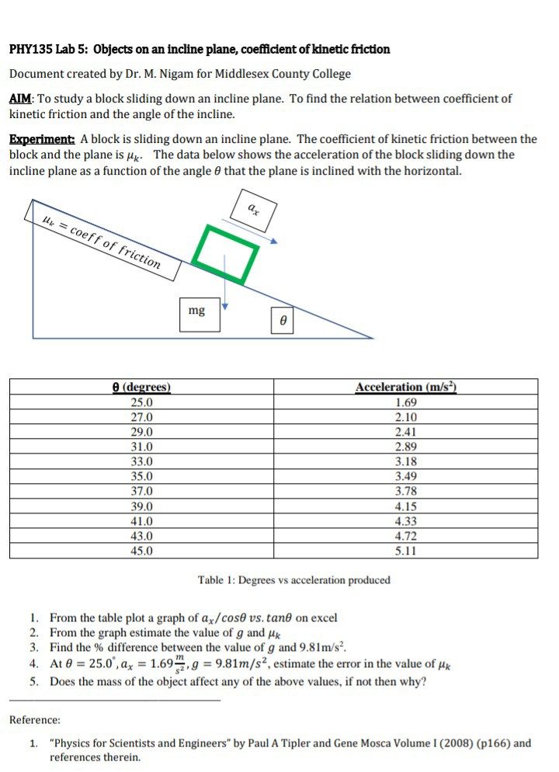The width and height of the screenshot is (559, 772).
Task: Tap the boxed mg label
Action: pyautogui.click(x=197, y=311)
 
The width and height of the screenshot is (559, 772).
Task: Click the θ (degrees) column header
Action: pyautogui.click(x=142, y=387)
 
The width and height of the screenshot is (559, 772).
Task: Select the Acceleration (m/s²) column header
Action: pyautogui.click(x=406, y=387)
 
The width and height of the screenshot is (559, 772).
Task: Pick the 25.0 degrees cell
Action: pyautogui.click(x=142, y=402)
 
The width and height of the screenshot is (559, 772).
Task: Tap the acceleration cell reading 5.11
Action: pyautogui.click(x=406, y=551)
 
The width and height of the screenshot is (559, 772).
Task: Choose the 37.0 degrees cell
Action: pyautogui.click(x=142, y=491)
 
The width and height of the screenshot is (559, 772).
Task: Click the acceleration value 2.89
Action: pyautogui.click(x=406, y=447)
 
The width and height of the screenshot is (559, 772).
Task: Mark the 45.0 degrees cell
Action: pyautogui.click(x=142, y=551)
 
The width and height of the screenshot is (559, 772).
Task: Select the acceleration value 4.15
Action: pyautogui.click(x=406, y=506)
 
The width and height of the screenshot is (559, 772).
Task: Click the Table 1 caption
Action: pyautogui.click(x=293, y=580)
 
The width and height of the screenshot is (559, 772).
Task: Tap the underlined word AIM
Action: pyautogui.click(x=20, y=99)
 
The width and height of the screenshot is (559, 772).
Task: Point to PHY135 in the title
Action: pyautogui.click(x=30, y=49)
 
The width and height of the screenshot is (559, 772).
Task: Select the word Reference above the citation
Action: pyautogui.click(x=34, y=720)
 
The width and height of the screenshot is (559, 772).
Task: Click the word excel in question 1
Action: pyautogui.click(x=323, y=618)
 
